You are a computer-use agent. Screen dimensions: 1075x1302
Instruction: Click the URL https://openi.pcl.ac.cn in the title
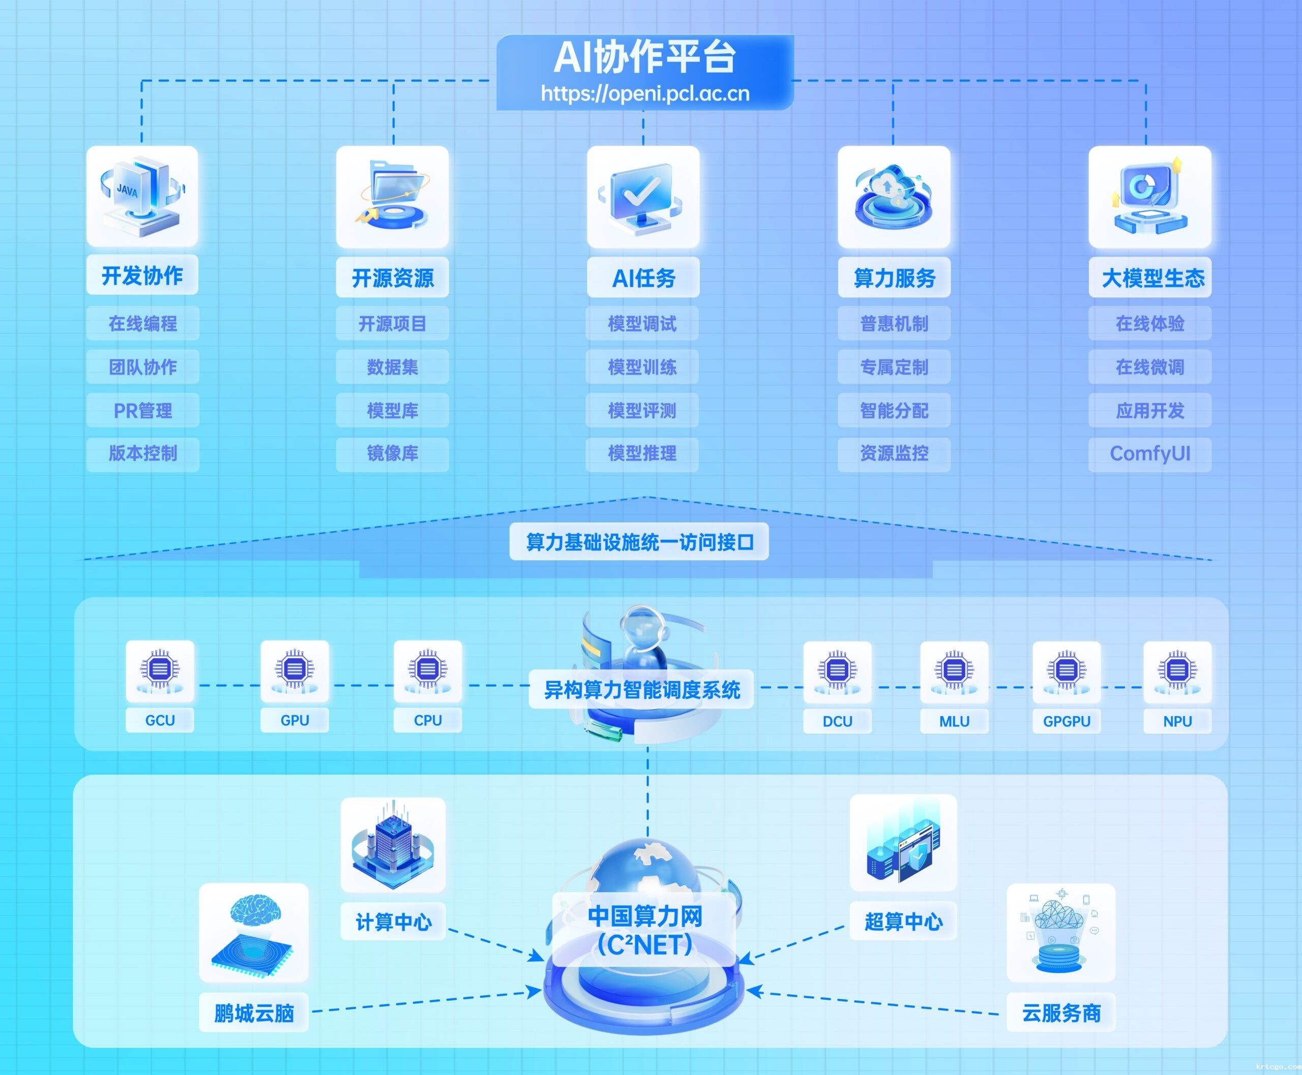[x=645, y=94]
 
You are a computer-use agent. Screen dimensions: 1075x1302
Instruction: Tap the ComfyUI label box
[x=1149, y=454]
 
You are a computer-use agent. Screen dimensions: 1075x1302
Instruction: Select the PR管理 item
[x=142, y=411]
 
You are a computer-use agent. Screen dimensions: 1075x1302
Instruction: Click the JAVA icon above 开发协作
[x=142, y=196]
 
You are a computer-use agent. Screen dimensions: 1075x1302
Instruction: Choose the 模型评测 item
[x=642, y=411]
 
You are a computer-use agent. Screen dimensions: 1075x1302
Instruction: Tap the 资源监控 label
[x=894, y=454]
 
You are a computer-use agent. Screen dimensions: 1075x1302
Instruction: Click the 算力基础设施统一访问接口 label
[x=639, y=542]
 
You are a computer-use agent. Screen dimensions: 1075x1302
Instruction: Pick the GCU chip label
[x=160, y=720]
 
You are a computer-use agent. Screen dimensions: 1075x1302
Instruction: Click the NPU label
[x=1177, y=721]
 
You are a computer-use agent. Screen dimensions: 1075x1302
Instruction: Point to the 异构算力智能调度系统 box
[x=641, y=689]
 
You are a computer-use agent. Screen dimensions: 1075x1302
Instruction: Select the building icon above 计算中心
[x=393, y=845]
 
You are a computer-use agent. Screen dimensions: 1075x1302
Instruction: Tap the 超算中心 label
[x=903, y=922]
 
